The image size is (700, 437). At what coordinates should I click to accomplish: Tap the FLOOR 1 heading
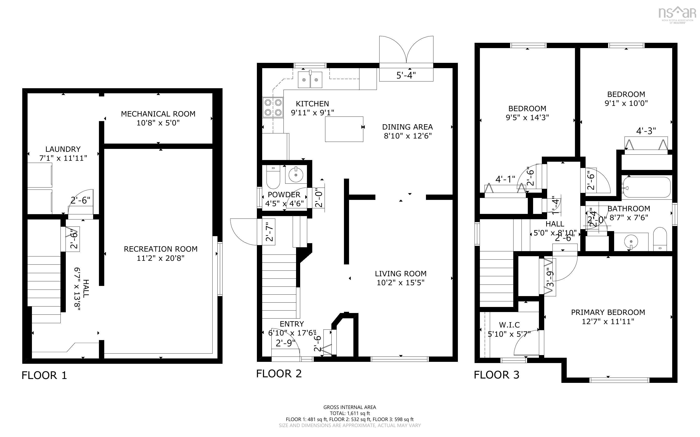click(44, 375)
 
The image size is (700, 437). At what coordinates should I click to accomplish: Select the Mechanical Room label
click(158, 114)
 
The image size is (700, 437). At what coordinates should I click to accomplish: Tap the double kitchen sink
click(310, 80)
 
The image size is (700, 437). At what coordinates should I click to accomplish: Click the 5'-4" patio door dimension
click(406, 75)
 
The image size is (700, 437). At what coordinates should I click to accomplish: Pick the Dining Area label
click(407, 127)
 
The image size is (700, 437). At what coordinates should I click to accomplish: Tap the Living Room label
click(401, 274)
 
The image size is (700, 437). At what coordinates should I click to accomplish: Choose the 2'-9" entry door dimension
click(285, 343)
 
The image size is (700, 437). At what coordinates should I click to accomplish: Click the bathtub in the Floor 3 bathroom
click(647, 187)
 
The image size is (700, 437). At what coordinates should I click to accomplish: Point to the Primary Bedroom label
click(608, 313)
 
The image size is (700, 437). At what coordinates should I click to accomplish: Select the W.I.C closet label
click(509, 325)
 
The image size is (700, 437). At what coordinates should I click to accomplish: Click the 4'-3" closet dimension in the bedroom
click(646, 131)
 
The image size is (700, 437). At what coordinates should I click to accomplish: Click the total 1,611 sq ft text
click(350, 413)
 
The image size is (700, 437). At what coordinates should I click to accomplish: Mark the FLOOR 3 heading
click(496, 375)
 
